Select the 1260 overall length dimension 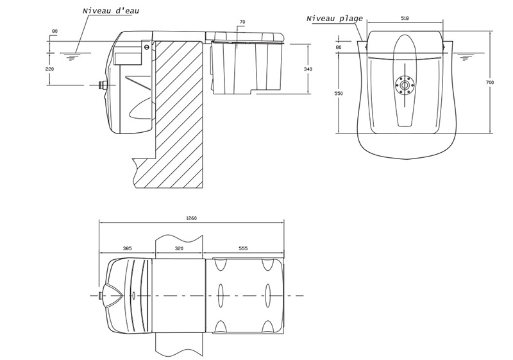pos(190,218)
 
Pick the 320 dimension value pos(180,248)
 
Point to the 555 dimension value pos(243,248)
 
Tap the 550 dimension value pos(339,94)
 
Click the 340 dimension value pos(308,68)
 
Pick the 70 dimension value pos(242,22)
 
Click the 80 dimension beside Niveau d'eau pos(54,31)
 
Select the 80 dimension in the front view pos(339,47)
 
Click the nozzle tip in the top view pos(101,295)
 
